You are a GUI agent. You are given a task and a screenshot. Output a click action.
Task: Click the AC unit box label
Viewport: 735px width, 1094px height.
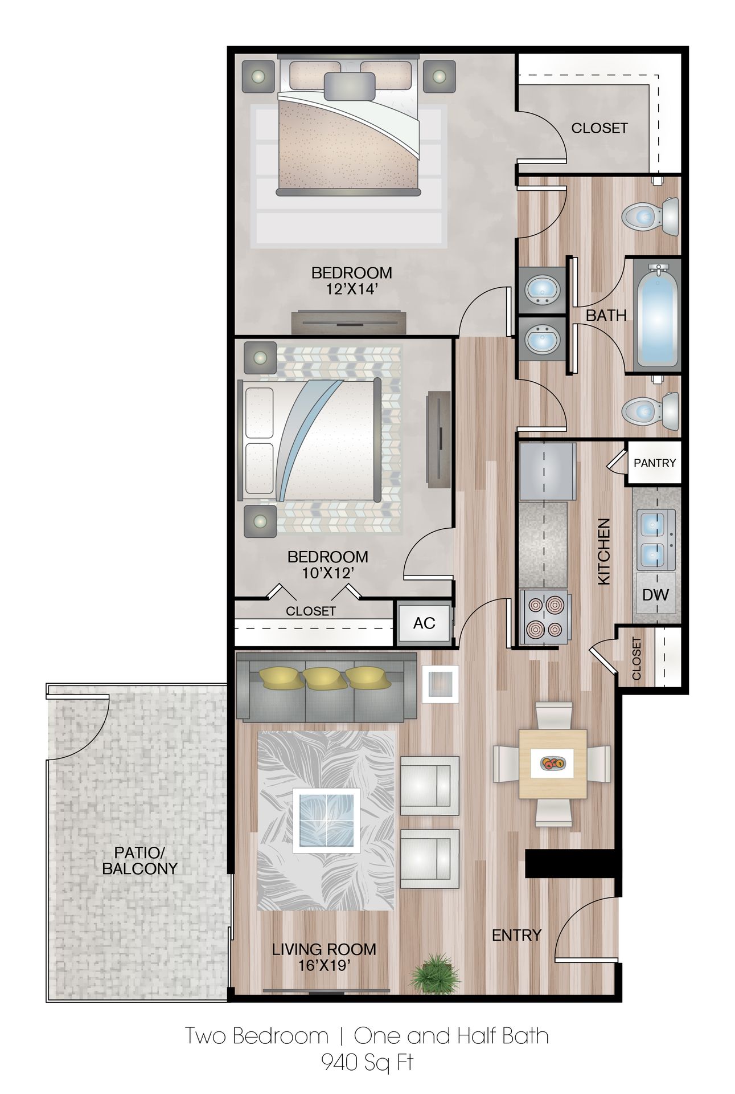click(424, 623)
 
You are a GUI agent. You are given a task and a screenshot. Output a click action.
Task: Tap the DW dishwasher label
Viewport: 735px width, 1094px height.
click(655, 595)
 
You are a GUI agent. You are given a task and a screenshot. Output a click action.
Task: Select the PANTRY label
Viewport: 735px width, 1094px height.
click(655, 463)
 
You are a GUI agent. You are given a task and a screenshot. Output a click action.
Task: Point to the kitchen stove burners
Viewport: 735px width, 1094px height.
click(544, 616)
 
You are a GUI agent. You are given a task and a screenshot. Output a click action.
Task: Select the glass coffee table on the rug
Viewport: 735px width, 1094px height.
click(326, 820)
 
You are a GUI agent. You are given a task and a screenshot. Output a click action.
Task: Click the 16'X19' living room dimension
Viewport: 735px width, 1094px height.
click(324, 965)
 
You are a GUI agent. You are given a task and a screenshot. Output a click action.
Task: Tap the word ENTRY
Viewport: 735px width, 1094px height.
click(516, 935)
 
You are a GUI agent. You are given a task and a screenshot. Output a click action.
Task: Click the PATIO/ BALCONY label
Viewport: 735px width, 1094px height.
click(140, 860)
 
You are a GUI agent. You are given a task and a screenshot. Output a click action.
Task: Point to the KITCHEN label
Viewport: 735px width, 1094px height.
click(603, 551)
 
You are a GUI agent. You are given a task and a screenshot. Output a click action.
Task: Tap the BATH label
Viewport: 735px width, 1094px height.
click(606, 315)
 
